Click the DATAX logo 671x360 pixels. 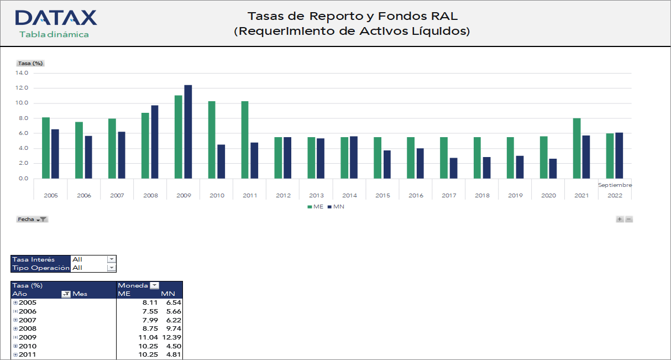[56, 18]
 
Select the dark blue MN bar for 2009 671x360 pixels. [188, 132]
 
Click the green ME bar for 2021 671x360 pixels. [577, 148]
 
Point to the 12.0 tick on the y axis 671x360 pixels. [22, 88]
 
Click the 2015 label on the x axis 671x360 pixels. [382, 195]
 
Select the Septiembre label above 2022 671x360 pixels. [615, 185]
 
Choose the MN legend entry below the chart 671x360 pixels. [336, 206]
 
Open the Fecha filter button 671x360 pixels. [33, 219]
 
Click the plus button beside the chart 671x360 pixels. [620, 219]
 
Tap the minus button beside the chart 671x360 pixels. [629, 219]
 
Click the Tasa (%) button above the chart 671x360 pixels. [30, 63]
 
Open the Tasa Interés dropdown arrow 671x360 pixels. [112, 259]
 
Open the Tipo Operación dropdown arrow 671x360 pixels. [112, 268]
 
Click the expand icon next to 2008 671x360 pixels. [15, 328]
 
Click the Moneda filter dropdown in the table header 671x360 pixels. [154, 285]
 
